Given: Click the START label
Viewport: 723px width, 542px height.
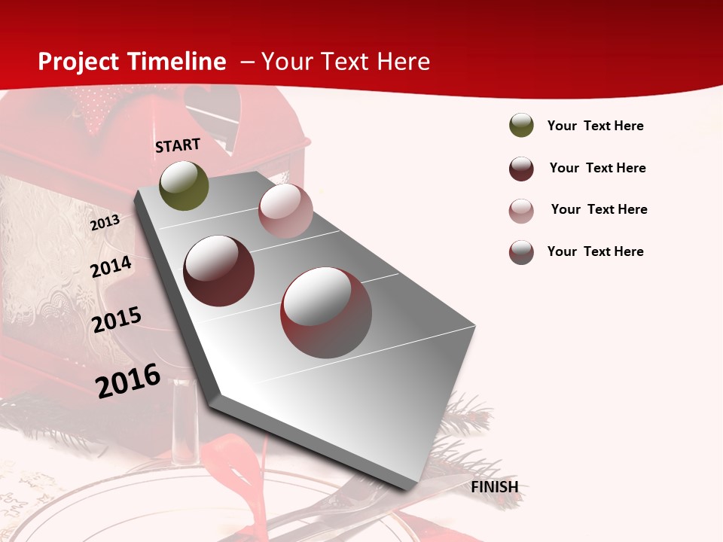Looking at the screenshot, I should (178, 145).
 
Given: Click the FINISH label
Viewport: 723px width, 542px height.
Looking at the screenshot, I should (494, 487).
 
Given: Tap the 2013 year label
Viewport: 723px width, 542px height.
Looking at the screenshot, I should (105, 223).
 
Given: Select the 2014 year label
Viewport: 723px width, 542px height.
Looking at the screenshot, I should (111, 267).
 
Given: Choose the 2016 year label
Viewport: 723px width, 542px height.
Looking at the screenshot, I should (128, 381).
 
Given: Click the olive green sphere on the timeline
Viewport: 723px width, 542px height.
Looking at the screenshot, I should (184, 185).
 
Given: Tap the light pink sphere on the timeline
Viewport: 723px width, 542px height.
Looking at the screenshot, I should (285, 211).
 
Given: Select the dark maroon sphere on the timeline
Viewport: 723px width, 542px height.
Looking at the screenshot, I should (219, 271).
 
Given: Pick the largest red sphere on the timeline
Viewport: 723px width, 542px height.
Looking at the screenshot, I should (326, 312).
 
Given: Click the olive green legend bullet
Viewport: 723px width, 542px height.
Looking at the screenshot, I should (521, 125).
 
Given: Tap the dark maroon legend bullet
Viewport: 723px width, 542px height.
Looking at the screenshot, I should (521, 169).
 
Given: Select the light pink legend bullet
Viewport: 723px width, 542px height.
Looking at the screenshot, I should (521, 211).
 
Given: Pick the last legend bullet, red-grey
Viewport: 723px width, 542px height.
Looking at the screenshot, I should (521, 252).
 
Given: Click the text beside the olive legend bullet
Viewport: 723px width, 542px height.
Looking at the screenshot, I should (595, 126).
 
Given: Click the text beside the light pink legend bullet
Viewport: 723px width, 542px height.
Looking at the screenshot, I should (599, 209).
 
